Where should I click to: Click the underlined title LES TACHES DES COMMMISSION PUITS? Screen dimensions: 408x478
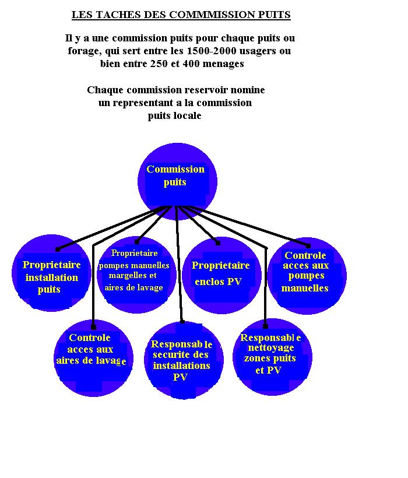181,15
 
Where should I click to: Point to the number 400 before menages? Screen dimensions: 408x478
191,64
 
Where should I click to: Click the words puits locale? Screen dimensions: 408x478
175,116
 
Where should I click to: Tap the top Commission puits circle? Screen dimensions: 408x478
177,182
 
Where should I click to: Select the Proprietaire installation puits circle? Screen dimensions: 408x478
51,273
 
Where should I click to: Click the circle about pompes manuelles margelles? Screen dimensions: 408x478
136,275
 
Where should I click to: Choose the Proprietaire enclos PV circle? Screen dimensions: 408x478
222,275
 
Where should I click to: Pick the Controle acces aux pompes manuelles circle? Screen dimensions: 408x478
307,276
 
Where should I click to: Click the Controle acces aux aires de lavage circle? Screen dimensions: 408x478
93,358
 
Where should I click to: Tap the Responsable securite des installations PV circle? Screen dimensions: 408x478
184,360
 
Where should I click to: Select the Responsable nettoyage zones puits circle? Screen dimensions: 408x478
272,357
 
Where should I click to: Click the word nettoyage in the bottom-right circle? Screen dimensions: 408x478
271,348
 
